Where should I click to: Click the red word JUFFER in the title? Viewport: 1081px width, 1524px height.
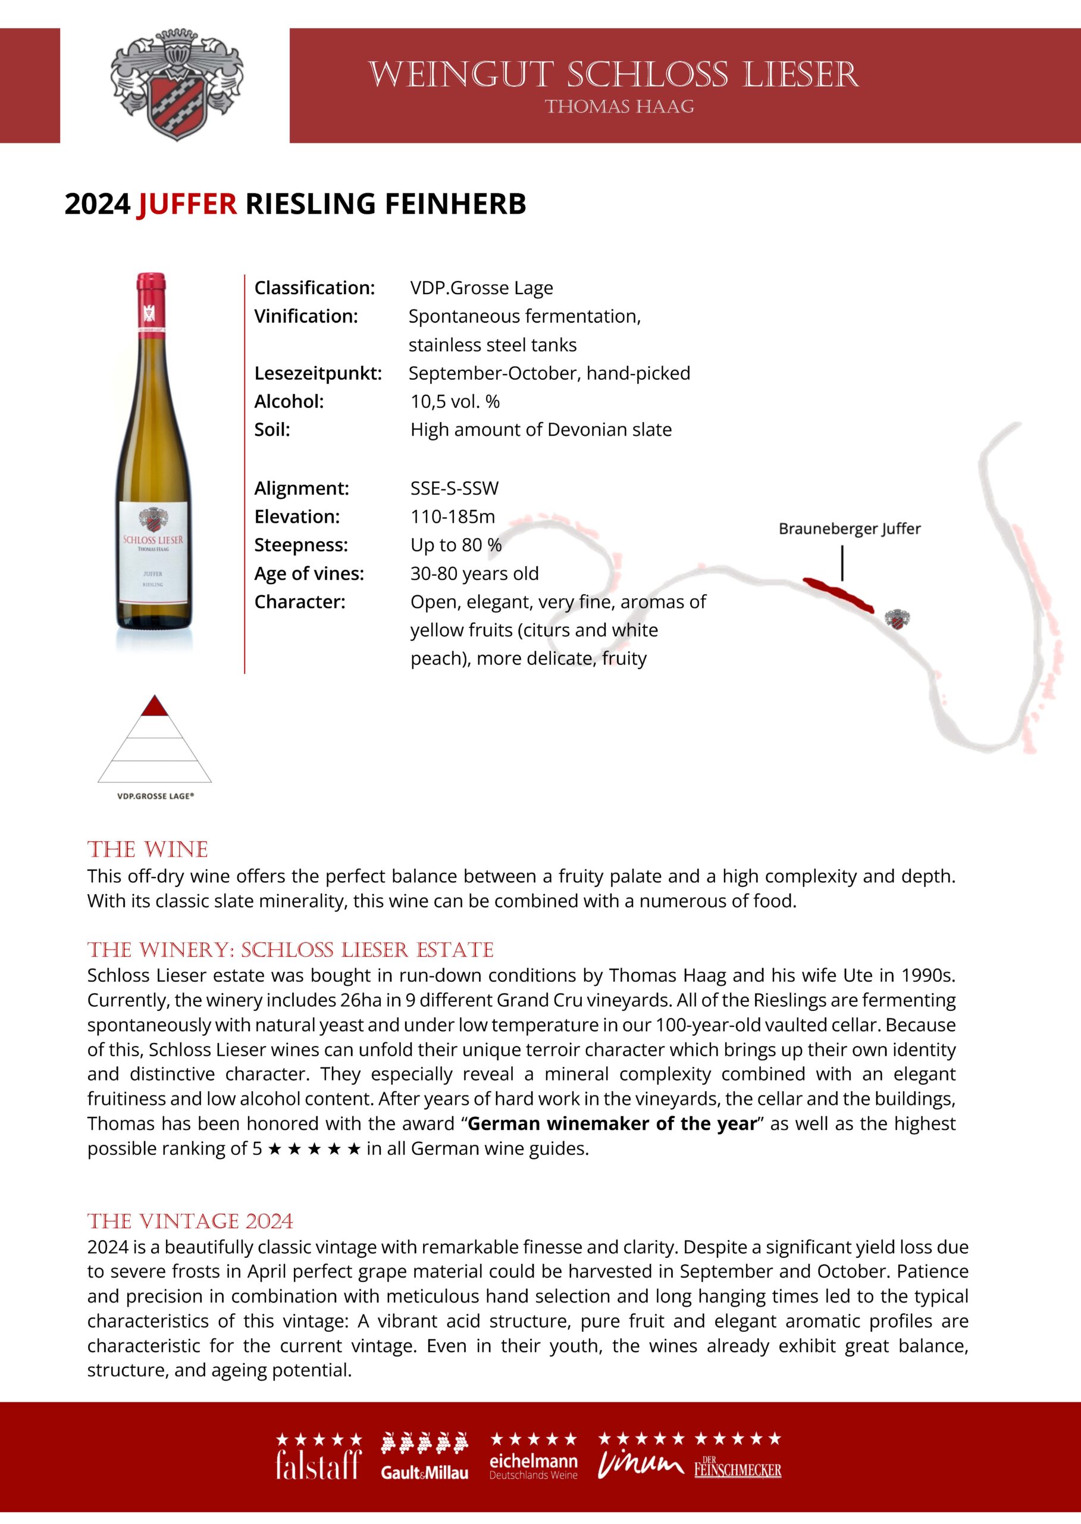pyautogui.click(x=187, y=204)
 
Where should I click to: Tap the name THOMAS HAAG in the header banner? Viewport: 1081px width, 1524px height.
pyautogui.click(x=619, y=107)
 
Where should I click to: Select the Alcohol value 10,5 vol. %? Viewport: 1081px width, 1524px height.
pyautogui.click(x=455, y=402)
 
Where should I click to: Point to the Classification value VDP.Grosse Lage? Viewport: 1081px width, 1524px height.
pyautogui.click(x=481, y=288)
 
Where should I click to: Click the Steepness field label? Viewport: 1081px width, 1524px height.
pyautogui.click(x=301, y=545)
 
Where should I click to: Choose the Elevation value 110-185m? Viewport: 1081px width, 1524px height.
pyautogui.click(x=453, y=516)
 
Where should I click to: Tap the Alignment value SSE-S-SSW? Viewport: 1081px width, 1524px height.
pyautogui.click(x=454, y=488)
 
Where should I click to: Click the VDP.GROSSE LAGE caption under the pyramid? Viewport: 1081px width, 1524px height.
pyautogui.click(x=155, y=796)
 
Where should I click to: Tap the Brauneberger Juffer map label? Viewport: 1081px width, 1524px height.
pyautogui.click(x=850, y=529)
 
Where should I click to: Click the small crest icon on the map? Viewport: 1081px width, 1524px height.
pyautogui.click(x=897, y=619)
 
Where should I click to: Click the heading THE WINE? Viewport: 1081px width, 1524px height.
pyautogui.click(x=148, y=850)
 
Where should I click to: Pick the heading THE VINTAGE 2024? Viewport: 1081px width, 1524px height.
pyautogui.click(x=190, y=1221)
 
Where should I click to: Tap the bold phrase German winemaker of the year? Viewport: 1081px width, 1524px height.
pyautogui.click(x=612, y=1124)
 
